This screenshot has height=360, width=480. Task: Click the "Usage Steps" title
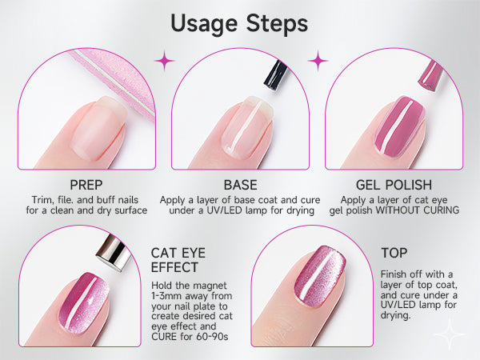coord(239,24)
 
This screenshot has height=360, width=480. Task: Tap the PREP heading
coord(86,185)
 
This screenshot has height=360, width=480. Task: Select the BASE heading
coord(240,185)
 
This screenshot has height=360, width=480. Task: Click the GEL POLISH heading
coord(394,185)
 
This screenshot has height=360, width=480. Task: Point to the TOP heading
coord(394,253)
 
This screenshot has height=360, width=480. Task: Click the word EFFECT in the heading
coord(174,267)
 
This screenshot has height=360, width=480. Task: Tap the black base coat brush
coord(276,74)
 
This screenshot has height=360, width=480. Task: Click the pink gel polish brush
coord(431,75)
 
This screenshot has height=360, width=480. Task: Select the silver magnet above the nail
coord(114,253)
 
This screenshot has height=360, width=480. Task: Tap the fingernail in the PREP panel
coord(98,128)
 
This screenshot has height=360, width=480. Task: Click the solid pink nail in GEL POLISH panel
coord(399,126)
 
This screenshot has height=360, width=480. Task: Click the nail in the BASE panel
coord(247,126)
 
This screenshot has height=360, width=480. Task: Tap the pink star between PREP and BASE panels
coord(165,61)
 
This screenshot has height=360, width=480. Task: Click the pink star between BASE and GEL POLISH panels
coord(318,61)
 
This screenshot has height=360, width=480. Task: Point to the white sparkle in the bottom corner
coord(450,334)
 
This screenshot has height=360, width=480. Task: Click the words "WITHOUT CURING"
coord(418,210)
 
